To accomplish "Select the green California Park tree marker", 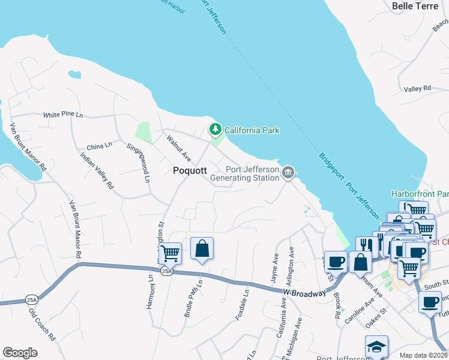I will click(214, 130).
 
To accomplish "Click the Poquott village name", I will click(190, 170).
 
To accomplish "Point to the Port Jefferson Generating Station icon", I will click(288, 173).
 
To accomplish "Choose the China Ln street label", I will click(99, 146).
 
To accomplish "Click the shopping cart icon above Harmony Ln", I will click(170, 253).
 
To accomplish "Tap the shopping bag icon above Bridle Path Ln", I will click(202, 248).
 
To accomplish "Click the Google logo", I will click(20, 353).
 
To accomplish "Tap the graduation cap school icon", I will click(376, 347).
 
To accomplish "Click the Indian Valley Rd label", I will click(97, 171).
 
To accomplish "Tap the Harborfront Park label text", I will click(420, 194).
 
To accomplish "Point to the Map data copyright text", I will click(423, 355).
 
